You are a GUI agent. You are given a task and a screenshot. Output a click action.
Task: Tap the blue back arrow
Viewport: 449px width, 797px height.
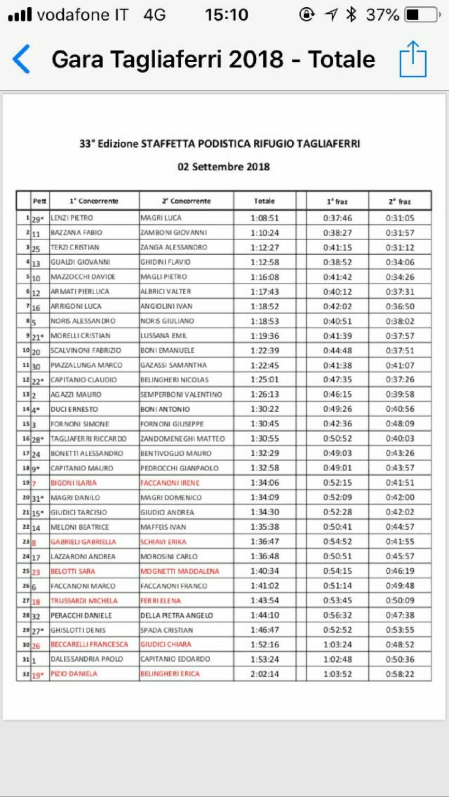tap(21, 59)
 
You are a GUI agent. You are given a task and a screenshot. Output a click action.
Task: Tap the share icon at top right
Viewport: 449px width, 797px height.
tap(413, 59)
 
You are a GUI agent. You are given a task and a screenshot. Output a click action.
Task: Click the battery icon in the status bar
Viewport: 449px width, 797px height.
tap(421, 15)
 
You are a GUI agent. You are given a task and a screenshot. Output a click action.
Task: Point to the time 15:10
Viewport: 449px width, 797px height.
tap(226, 15)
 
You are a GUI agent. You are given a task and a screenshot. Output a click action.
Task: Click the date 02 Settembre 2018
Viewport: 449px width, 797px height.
tap(224, 167)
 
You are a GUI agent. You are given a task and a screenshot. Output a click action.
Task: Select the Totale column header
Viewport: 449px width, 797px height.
tap(264, 201)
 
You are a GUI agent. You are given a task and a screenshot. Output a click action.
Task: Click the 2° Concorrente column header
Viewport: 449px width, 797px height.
tap(186, 201)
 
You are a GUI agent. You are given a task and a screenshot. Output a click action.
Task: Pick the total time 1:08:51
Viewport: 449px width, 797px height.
tap(264, 218)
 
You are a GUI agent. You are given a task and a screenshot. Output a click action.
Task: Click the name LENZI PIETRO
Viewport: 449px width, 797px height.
tap(72, 218)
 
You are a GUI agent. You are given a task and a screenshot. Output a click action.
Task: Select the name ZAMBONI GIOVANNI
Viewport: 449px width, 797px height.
tap(173, 232)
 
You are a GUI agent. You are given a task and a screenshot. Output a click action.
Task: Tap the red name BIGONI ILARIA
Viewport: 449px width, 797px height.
tap(73, 483)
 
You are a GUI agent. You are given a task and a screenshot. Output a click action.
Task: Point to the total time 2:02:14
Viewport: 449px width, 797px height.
tap(264, 674)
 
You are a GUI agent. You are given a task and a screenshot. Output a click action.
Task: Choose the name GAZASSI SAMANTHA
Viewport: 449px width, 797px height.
tap(173, 365)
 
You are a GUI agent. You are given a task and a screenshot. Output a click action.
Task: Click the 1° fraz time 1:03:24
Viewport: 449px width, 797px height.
tap(337, 644)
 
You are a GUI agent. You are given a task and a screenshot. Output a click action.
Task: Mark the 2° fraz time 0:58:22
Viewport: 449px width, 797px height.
tap(400, 674)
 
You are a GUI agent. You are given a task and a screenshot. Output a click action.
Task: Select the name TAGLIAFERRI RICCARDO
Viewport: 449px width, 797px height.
tap(88, 439)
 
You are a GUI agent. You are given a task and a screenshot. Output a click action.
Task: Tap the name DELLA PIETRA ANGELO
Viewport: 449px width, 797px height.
tap(176, 615)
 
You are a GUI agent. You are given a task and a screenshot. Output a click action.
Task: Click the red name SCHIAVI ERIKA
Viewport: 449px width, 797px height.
tap(163, 542)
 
